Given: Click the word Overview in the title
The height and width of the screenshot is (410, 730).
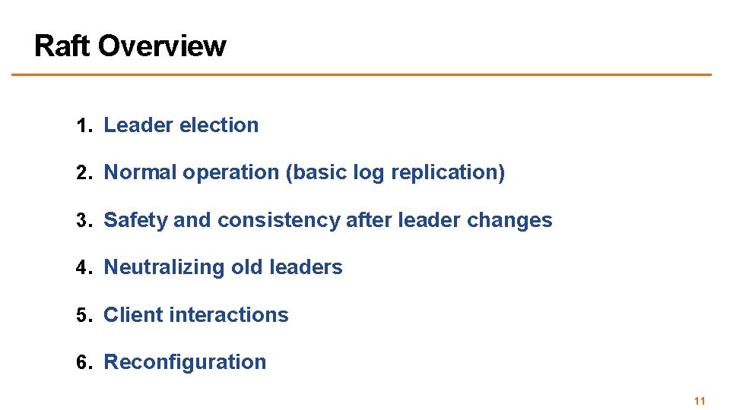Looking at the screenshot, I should click(162, 46).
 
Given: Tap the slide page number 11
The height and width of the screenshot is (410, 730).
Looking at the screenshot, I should click(700, 401).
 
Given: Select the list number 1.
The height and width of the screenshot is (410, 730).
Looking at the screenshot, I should click(82, 126).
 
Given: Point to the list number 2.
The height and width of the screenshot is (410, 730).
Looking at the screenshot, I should click(82, 173).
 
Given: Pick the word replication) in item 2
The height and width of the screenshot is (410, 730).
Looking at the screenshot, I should click(448, 173).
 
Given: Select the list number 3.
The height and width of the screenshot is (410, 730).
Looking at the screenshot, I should click(82, 221).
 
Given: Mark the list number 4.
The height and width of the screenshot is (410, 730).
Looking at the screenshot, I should click(82, 268).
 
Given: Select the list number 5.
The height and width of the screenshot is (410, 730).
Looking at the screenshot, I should click(82, 316).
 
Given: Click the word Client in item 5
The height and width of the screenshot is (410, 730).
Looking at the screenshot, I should click(133, 315).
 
